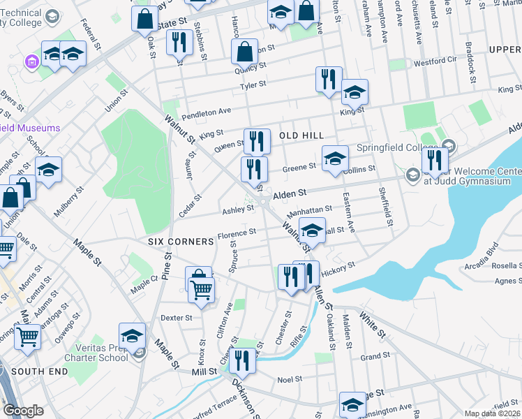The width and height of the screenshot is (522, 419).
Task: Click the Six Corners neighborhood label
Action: pos(181,241)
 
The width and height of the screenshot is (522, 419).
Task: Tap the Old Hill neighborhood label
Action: pos(303,135)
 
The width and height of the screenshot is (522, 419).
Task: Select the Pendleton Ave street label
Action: pos(206,112)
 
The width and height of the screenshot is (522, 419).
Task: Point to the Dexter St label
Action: pos(176,318)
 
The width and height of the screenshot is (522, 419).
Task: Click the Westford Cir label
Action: pos(435,62)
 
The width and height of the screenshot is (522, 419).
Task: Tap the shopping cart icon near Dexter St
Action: pos(202,290)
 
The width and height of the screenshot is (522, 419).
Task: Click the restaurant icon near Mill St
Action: pos(243,361)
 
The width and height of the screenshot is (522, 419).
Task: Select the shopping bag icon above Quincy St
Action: pos(245,52)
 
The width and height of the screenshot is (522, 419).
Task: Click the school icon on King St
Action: pos(355,92)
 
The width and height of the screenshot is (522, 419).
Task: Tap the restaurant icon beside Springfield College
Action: pos(434,161)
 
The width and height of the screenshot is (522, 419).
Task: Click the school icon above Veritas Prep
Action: pos(132,335)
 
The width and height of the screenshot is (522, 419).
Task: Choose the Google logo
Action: pos(23,411)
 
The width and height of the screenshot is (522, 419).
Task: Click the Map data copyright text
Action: pos(493,413)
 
